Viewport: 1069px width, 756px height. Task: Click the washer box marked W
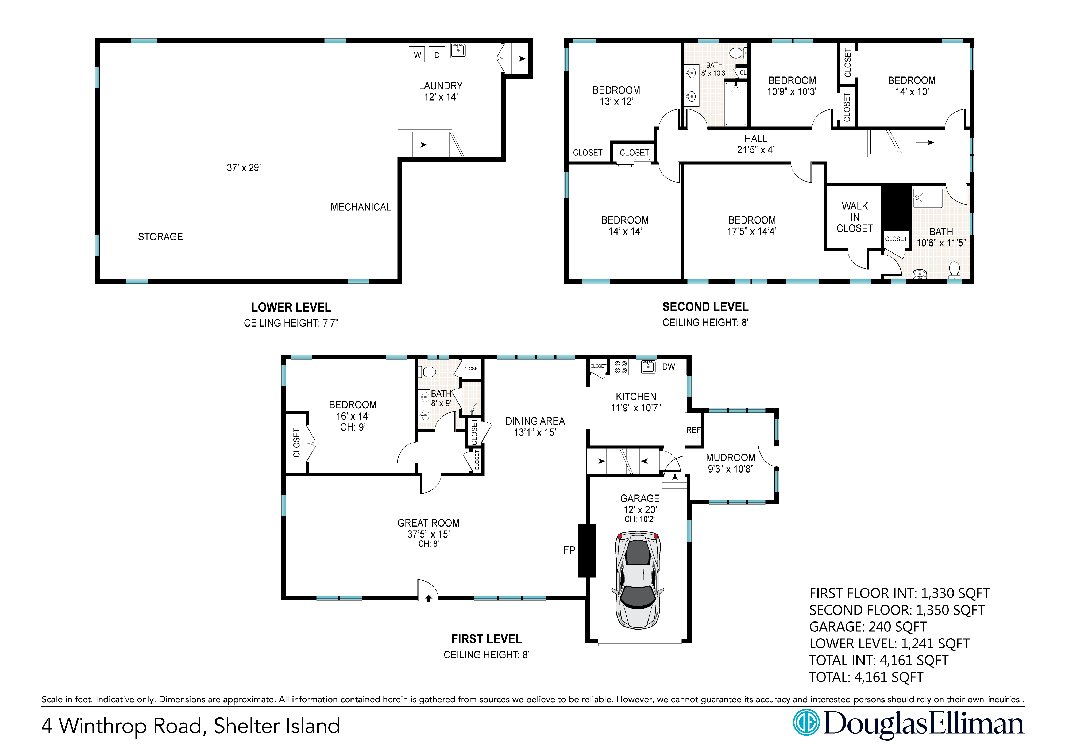pyautogui.click(x=417, y=55)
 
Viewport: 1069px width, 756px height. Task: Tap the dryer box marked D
pyautogui.click(x=437, y=55)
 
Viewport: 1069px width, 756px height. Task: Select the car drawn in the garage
pyautogui.click(x=638, y=580)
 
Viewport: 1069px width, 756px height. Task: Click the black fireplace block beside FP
pyautogui.click(x=587, y=551)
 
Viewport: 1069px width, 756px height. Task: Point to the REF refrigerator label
pyautogui.click(x=693, y=430)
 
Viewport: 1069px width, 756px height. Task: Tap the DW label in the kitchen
pyautogui.click(x=669, y=367)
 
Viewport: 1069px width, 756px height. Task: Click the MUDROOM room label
pyautogui.click(x=731, y=458)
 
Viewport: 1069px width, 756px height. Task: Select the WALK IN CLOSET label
pyautogui.click(x=855, y=217)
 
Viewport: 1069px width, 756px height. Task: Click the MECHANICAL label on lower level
pyautogui.click(x=361, y=207)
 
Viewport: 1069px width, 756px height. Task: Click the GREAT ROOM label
pyautogui.click(x=428, y=523)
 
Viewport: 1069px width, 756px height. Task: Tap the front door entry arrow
pyautogui.click(x=428, y=598)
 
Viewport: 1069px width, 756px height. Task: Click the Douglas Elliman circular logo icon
pyautogui.click(x=806, y=723)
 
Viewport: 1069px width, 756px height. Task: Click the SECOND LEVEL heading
pyautogui.click(x=705, y=307)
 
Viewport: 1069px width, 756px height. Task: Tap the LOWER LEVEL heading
pyautogui.click(x=291, y=308)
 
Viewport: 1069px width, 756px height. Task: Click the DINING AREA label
pyautogui.click(x=535, y=421)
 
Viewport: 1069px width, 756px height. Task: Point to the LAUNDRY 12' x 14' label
pyautogui.click(x=441, y=91)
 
